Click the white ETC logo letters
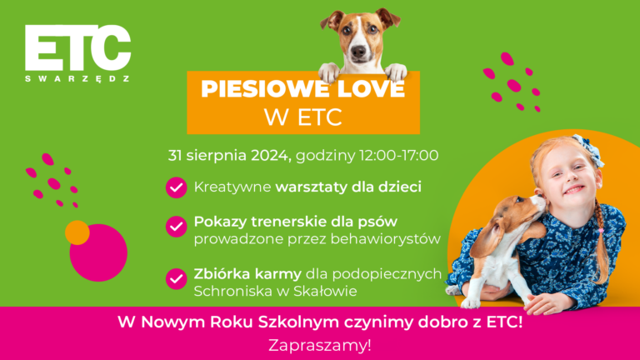point(77,48)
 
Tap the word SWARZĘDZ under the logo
point(77,78)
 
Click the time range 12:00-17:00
point(398,155)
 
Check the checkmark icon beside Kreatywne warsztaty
point(176,187)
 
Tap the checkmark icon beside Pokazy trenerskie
point(176,226)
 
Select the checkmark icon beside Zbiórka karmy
point(176,277)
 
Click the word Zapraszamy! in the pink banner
point(320,344)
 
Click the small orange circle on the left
point(77,232)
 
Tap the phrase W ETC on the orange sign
point(303,117)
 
